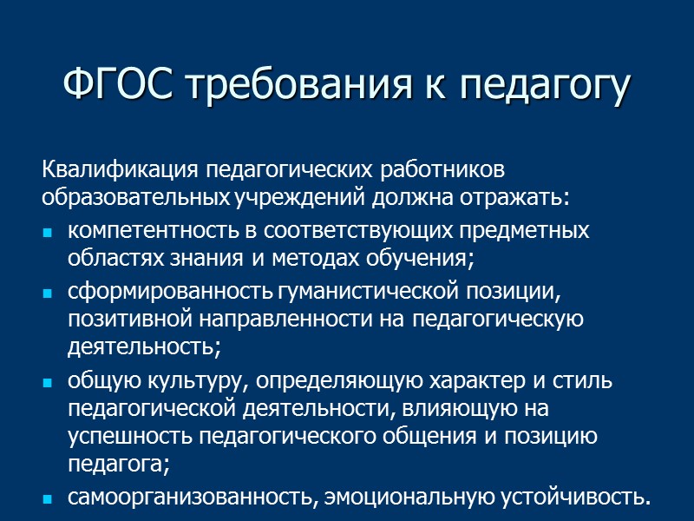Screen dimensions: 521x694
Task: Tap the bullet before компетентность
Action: (49, 233)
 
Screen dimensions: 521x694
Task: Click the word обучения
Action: (423, 259)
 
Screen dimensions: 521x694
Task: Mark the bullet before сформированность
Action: (49, 294)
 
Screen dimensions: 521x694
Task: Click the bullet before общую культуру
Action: (49, 382)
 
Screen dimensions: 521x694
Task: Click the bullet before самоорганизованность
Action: (49, 499)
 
